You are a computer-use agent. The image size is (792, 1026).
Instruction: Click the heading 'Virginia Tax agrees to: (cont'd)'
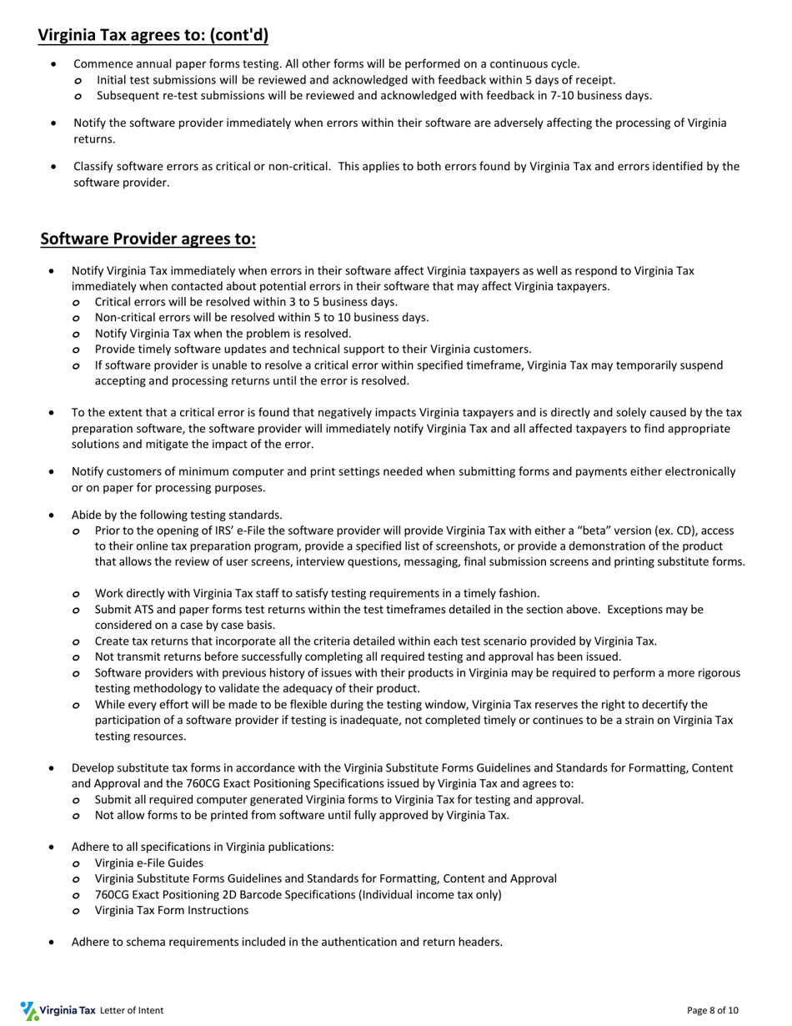click(153, 35)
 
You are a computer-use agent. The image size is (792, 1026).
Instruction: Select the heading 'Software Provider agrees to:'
click(148, 239)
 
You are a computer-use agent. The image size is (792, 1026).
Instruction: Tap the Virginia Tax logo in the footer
click(58, 1010)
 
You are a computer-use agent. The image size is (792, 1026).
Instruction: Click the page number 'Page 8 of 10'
click(712, 1010)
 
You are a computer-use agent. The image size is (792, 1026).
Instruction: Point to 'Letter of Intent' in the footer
click(131, 1010)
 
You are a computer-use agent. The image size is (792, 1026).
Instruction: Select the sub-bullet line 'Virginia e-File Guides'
click(148, 863)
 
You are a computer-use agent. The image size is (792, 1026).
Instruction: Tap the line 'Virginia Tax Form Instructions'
click(171, 910)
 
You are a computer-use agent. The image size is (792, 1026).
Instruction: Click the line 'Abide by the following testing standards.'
click(177, 515)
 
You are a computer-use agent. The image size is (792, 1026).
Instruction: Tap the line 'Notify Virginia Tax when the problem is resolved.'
click(223, 334)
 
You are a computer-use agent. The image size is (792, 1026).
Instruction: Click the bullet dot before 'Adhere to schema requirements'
click(53, 943)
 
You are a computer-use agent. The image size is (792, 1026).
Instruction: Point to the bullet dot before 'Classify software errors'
click(54, 167)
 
